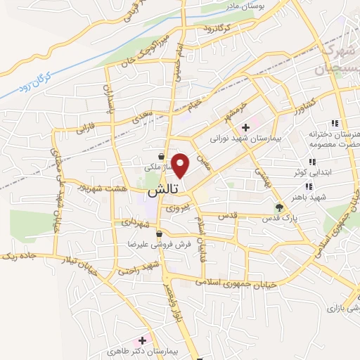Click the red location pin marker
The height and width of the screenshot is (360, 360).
181,165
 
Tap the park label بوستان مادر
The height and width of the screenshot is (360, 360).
241,5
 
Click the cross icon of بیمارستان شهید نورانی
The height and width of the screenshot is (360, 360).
245,128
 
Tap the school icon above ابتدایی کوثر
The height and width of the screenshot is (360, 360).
311,162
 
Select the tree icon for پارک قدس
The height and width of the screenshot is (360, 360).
280,207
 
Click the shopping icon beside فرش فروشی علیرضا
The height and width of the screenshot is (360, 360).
160,234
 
